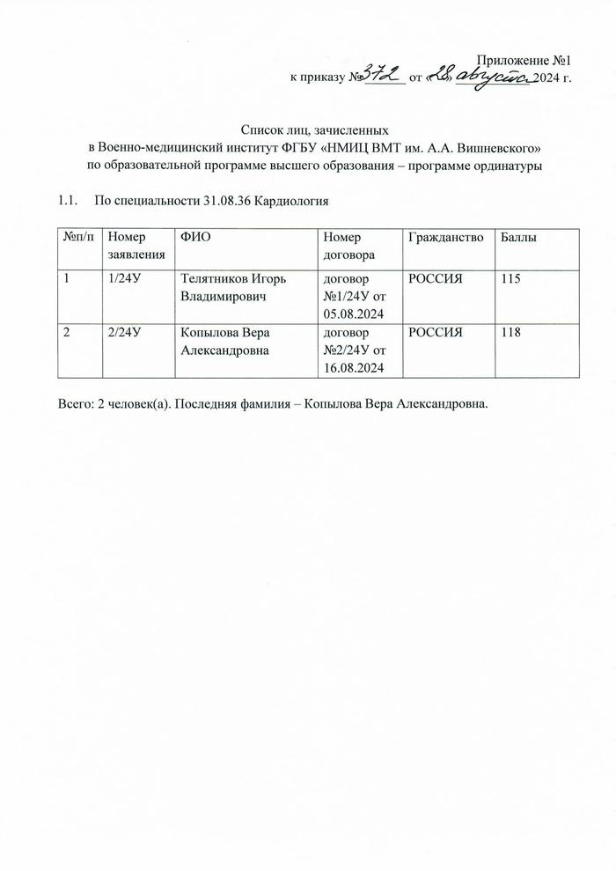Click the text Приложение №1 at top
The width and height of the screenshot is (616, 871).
(524, 61)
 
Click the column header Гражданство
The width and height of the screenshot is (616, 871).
(445, 237)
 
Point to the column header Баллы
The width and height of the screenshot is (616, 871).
(519, 237)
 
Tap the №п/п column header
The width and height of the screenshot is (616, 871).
(77, 237)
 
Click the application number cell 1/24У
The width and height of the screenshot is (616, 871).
(125, 279)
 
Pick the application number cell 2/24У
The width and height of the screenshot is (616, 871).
(125, 332)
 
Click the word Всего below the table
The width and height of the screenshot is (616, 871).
(74, 404)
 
